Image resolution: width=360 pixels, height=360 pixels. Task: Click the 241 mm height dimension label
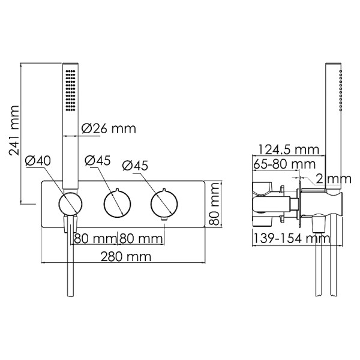[x=14, y=131]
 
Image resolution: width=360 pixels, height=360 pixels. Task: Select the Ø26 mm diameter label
[x=108, y=128]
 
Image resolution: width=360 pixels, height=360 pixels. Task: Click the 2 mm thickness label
[x=332, y=178]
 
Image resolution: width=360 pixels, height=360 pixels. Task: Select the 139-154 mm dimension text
[x=291, y=238]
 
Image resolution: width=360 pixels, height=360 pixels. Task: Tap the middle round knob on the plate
[x=116, y=204]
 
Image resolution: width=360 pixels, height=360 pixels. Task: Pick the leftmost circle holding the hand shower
[x=70, y=204]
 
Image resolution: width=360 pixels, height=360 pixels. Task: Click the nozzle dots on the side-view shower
[x=341, y=90]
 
